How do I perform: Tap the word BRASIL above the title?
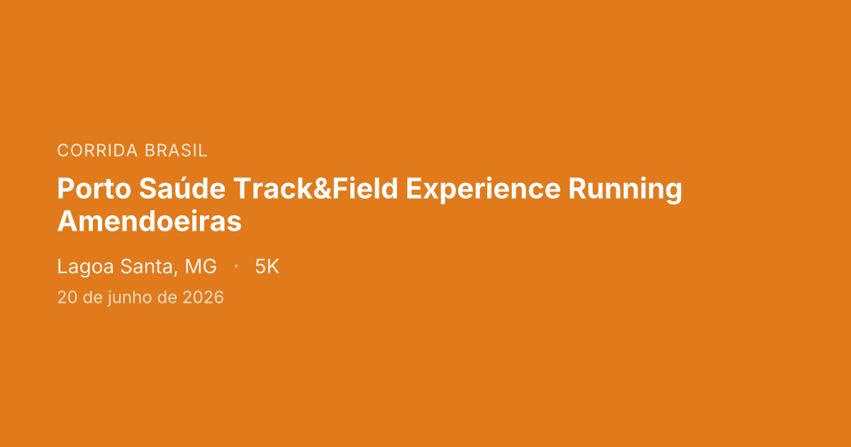(176, 150)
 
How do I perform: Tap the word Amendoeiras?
(149, 221)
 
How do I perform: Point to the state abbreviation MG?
(201, 267)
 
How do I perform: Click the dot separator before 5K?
(235, 267)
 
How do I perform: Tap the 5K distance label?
(267, 267)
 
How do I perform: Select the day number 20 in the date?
(67, 297)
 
